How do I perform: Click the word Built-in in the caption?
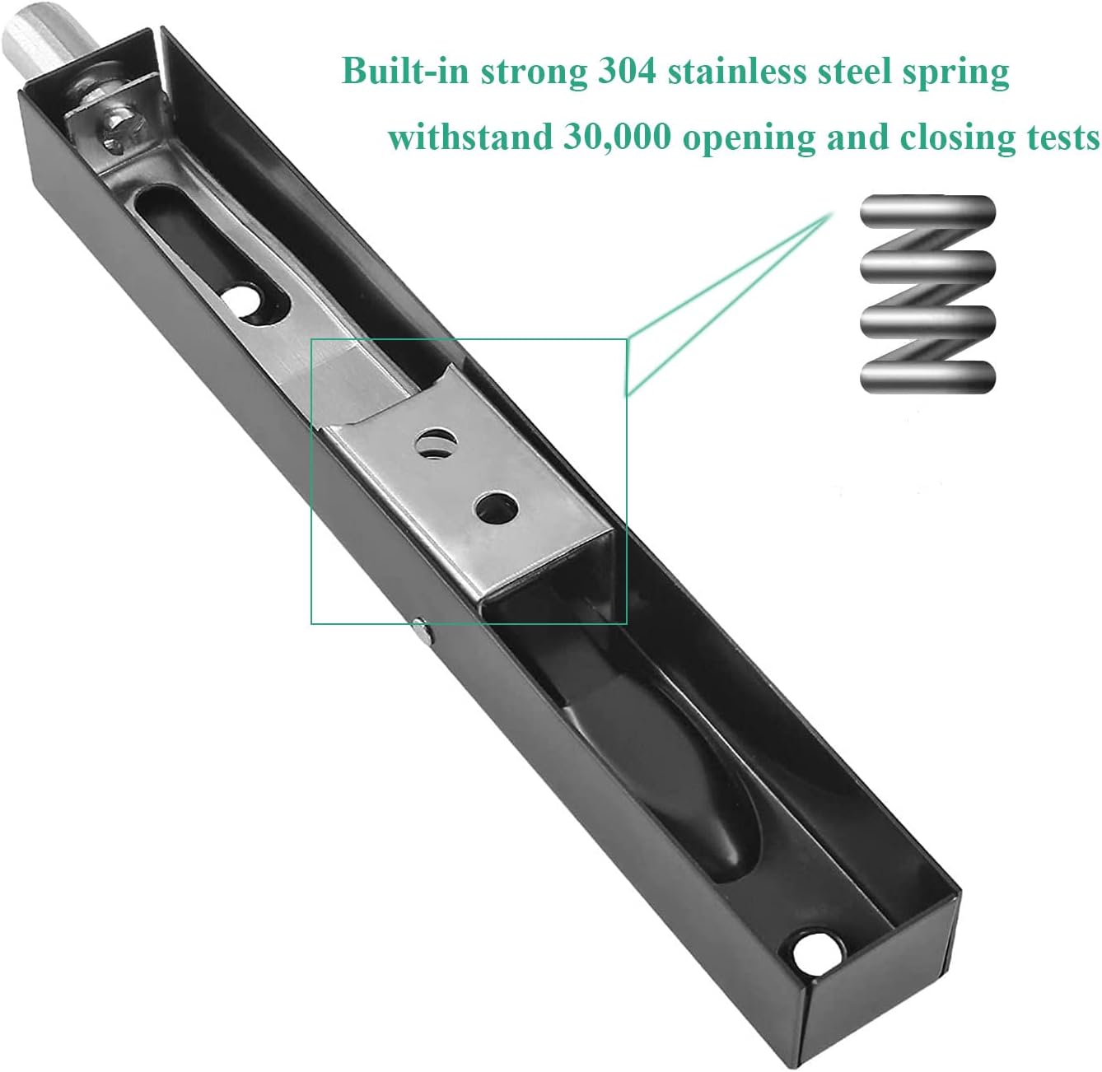(x=406, y=71)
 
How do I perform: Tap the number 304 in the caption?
(x=627, y=71)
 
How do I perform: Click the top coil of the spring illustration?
(x=927, y=211)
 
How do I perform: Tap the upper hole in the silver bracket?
(x=435, y=443)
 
